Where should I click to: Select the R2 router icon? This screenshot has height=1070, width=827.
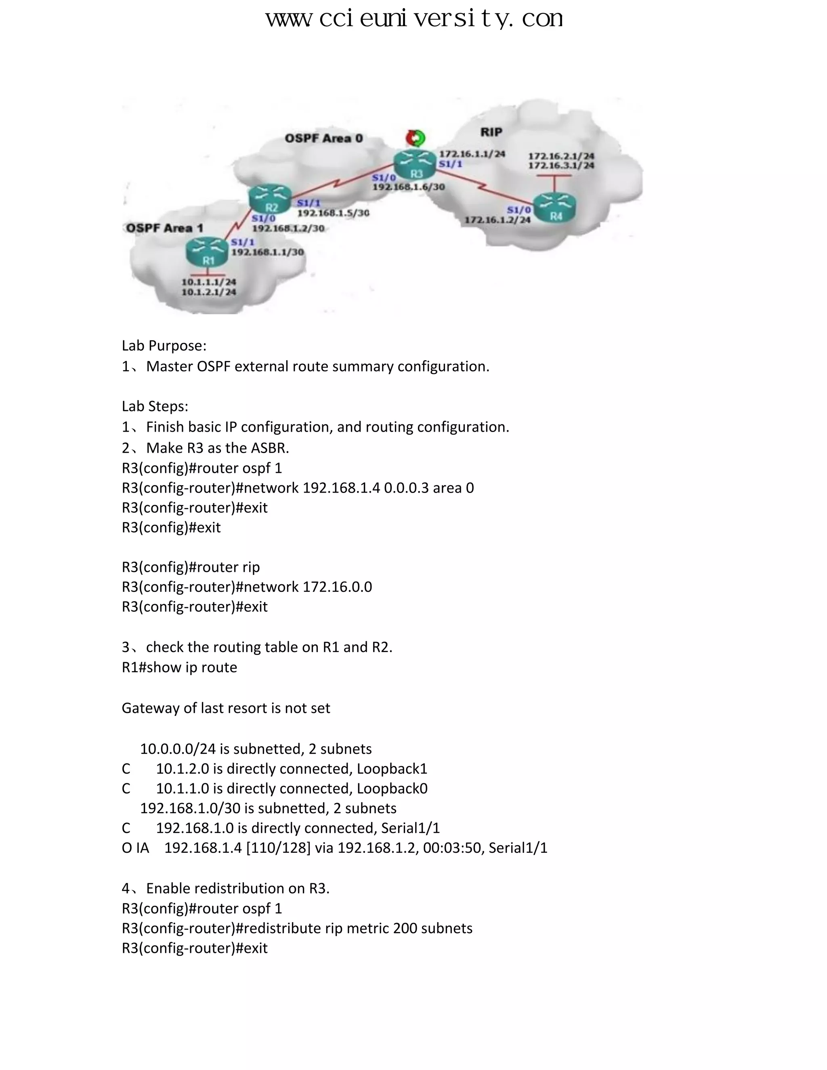coord(270,199)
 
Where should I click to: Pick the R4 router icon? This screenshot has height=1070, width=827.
coord(554,208)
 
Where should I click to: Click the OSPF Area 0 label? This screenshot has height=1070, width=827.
coord(324,138)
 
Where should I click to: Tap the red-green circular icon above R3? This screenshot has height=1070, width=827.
coord(416,138)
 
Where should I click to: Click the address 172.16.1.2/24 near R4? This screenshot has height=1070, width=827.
coord(497,220)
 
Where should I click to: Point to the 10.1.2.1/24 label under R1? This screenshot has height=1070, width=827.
coord(209,292)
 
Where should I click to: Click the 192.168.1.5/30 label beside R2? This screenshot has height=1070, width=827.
coord(333,213)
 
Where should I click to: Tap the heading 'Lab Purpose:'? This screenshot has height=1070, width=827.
coord(164,346)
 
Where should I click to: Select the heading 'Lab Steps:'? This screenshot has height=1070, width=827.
coord(155,407)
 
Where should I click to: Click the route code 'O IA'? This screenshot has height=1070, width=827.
coord(135,848)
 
